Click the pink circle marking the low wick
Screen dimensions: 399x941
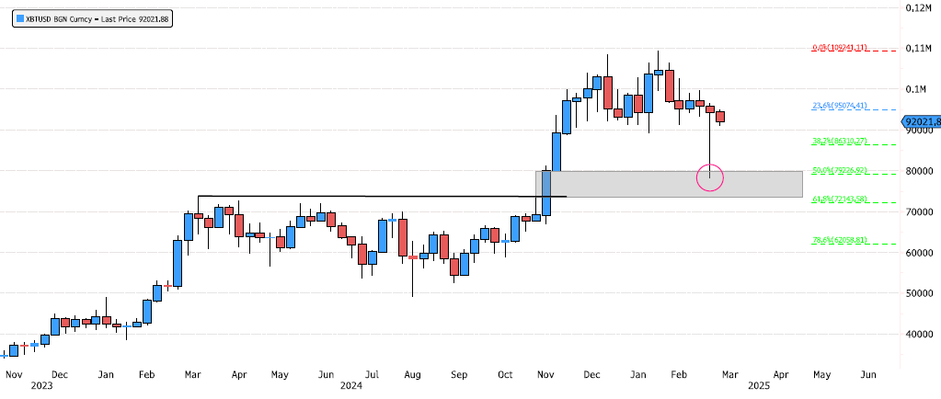pos(710,177)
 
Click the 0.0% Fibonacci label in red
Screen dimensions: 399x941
pos(839,48)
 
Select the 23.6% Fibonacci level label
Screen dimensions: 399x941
pos(839,106)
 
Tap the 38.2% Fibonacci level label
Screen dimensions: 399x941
pos(839,141)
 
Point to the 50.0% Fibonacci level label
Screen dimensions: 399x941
pos(839,170)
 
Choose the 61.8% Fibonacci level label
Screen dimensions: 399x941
pos(839,199)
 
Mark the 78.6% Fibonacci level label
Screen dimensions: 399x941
pos(839,240)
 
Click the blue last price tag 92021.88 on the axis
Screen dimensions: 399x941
pos(921,120)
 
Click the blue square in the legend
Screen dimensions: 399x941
pos(20,18)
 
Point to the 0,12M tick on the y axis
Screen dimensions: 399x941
pos(919,7)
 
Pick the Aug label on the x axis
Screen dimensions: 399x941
pos(412,375)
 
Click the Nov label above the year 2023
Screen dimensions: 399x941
pos(14,375)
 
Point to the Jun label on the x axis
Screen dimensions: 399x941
pos(866,375)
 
